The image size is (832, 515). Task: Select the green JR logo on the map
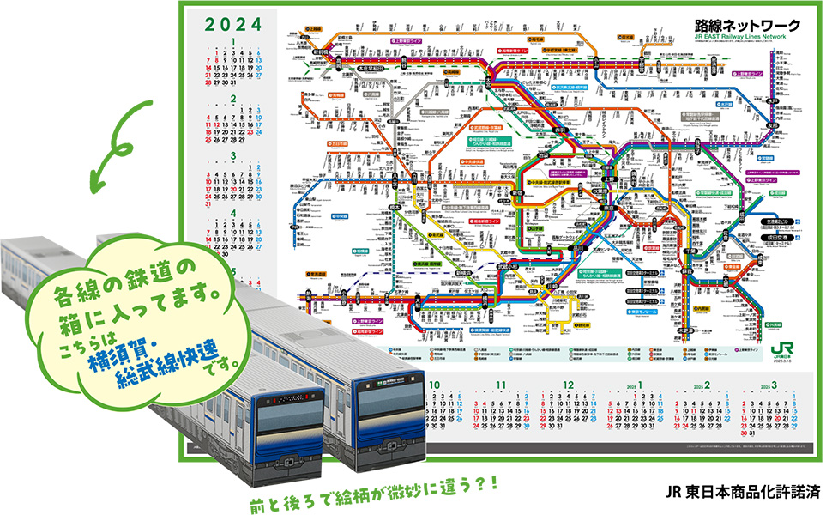[778, 348]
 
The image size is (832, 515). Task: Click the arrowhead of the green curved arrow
[93, 184]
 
